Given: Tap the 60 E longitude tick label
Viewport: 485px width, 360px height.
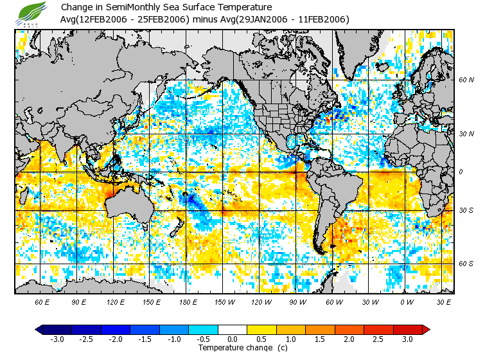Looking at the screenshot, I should (x=42, y=302).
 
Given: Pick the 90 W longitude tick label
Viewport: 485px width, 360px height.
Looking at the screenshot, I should (x=297, y=302).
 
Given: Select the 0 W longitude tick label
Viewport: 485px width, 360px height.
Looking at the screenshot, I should (x=407, y=302).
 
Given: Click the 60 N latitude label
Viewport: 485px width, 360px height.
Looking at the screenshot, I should (x=466, y=80).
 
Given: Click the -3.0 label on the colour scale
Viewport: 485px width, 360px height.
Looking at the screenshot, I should (x=57, y=339).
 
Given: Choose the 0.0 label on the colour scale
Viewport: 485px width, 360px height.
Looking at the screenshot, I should (x=233, y=339).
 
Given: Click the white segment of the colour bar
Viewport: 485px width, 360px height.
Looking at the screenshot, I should (x=233, y=330).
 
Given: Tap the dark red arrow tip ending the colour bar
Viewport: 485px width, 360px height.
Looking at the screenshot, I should (x=425, y=330).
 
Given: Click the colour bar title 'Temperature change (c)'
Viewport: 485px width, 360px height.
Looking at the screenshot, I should (x=233, y=348).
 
